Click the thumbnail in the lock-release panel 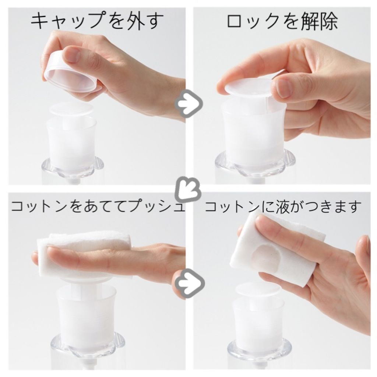[283, 88]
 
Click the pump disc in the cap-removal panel [71, 109]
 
